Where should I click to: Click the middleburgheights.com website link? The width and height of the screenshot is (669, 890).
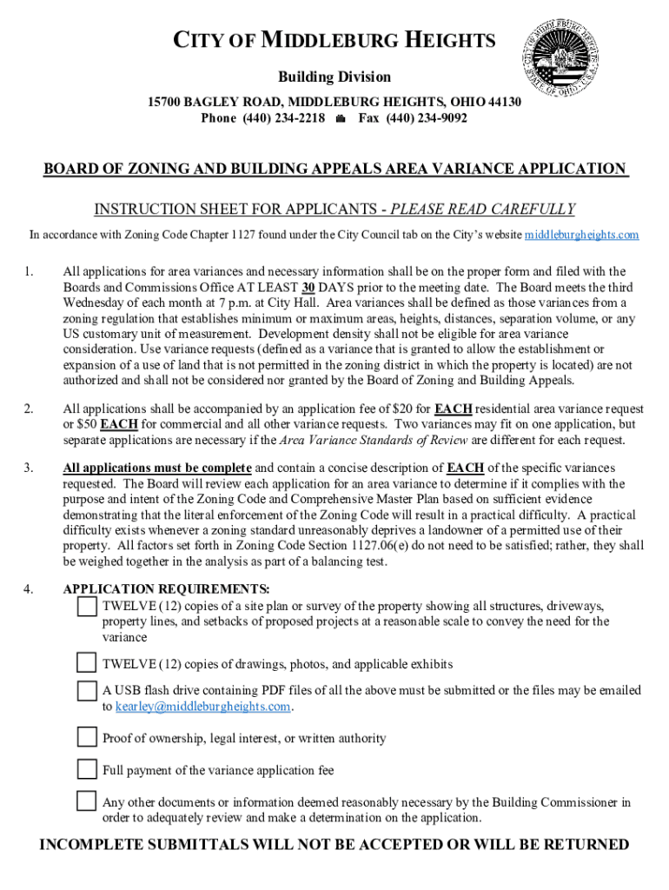click(x=582, y=235)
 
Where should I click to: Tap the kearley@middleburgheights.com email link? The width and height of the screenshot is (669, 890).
click(x=203, y=707)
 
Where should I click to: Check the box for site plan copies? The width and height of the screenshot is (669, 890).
click(x=87, y=606)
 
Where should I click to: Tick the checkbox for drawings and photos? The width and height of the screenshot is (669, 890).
click(x=87, y=663)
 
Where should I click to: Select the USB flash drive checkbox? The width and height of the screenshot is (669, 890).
click(x=87, y=691)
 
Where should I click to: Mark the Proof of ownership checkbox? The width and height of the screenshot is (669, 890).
click(x=87, y=738)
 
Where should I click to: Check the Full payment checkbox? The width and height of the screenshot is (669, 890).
click(x=87, y=769)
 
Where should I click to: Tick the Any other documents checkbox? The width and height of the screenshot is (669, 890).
click(x=87, y=801)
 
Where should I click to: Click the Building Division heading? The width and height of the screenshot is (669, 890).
click(x=334, y=77)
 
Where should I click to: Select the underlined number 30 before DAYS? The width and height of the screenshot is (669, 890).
click(x=308, y=287)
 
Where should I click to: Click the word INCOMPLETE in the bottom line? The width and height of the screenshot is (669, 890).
click(x=96, y=845)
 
